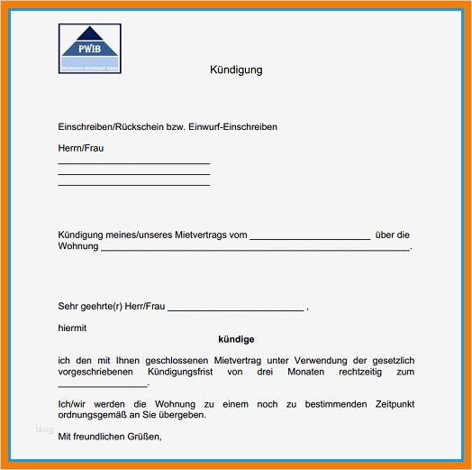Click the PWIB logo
tap(89, 49)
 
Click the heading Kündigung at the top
tap(236, 69)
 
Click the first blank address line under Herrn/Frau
tap(133, 163)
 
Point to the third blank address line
tap(133, 185)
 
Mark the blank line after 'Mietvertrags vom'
tap(309, 238)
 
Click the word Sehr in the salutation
tap(68, 307)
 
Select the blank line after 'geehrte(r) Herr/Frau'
tap(236, 309)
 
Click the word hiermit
tap(72, 328)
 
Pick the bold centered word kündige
tap(236, 339)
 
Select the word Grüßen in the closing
tap(142, 438)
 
